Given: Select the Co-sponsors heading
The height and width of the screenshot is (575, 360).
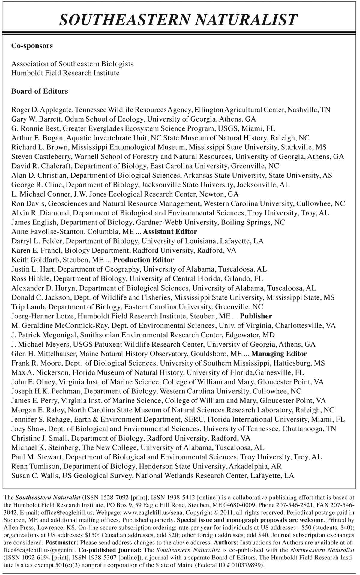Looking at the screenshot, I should [32, 46].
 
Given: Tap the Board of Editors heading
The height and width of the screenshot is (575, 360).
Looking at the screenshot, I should [40, 91].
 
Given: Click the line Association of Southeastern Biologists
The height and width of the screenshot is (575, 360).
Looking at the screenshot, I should [72, 64].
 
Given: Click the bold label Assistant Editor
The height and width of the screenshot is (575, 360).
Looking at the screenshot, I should [170, 232].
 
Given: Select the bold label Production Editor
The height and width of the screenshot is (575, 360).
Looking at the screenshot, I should [143, 260].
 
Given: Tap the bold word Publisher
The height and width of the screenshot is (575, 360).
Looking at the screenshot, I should [256, 316].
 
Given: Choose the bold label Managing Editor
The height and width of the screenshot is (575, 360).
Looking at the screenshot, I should [279, 354].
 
